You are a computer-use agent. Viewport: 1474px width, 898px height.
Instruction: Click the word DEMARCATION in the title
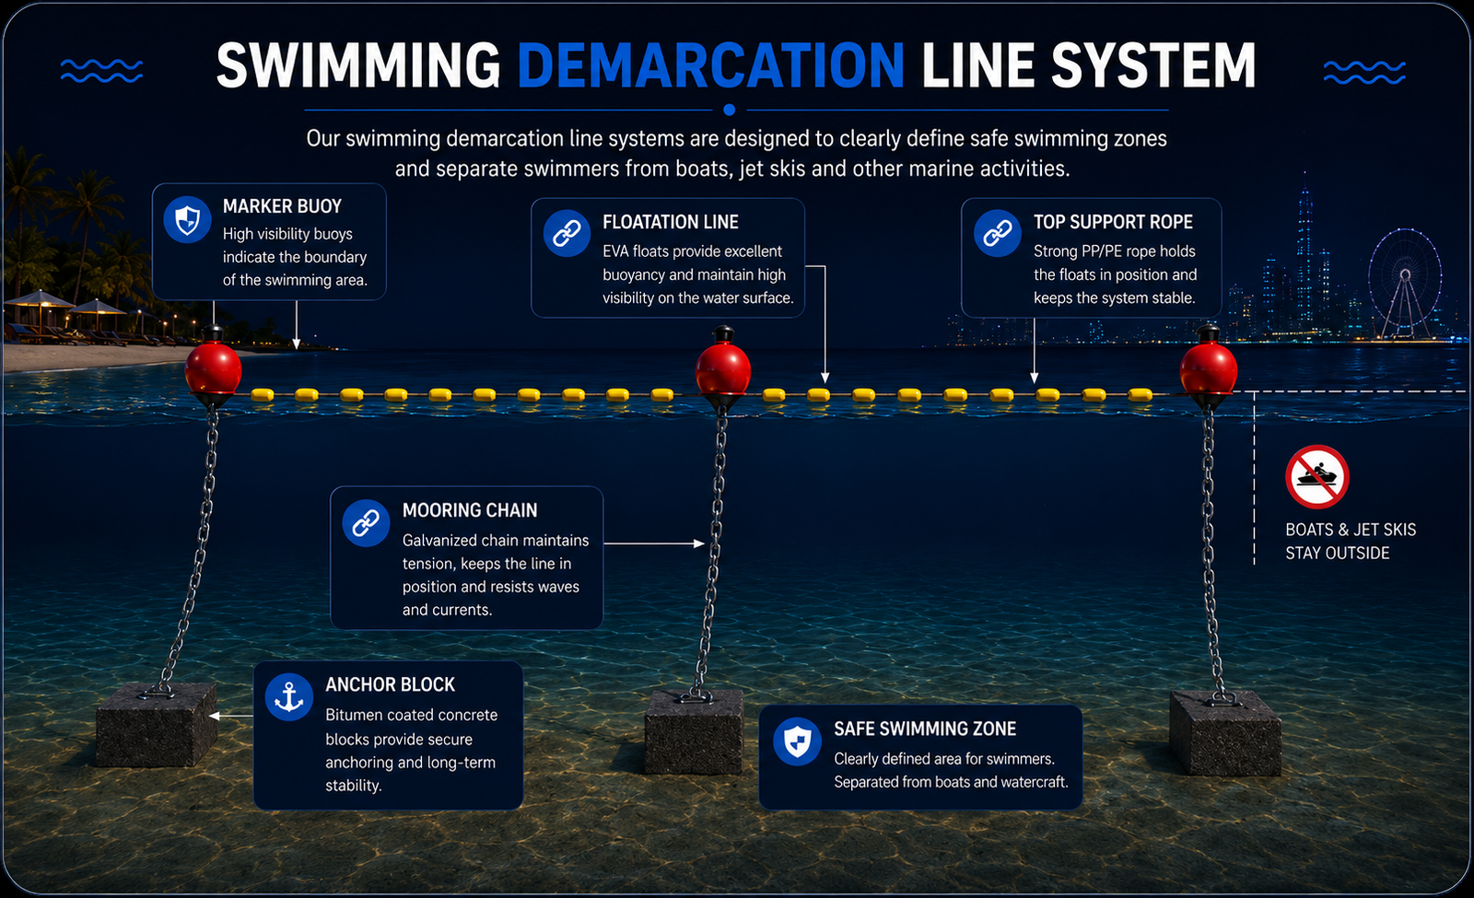710,64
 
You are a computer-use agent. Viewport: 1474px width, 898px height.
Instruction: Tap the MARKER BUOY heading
282,206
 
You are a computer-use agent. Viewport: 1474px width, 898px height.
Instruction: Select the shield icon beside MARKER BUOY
188,219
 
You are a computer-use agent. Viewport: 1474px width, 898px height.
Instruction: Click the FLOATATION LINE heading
671,222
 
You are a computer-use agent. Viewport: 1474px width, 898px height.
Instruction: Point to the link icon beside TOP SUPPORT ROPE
998,233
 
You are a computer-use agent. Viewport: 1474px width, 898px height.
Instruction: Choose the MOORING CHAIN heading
470,510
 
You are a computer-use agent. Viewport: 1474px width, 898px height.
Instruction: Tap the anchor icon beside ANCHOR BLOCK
289,696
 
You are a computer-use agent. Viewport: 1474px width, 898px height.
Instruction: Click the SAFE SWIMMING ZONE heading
925,729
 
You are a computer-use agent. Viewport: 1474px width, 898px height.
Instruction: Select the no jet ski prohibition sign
1317,477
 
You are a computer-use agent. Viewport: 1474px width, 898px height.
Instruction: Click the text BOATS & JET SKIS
1351,530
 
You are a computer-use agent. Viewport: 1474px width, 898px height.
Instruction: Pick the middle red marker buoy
723,367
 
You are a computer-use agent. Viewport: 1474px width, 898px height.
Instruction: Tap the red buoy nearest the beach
213,367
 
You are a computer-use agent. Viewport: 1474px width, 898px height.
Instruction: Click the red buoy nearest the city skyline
1208,367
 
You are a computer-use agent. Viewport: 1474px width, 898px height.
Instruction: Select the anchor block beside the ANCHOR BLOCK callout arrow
157,724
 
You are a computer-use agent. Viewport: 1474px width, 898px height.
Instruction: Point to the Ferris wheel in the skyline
1405,283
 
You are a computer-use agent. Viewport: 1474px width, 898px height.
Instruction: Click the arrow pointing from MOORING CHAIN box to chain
654,543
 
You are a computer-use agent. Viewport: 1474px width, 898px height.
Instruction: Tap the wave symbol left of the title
101,70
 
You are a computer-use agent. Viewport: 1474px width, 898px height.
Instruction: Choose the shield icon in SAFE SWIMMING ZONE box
797,741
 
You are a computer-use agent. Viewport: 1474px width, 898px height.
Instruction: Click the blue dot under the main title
729,110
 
